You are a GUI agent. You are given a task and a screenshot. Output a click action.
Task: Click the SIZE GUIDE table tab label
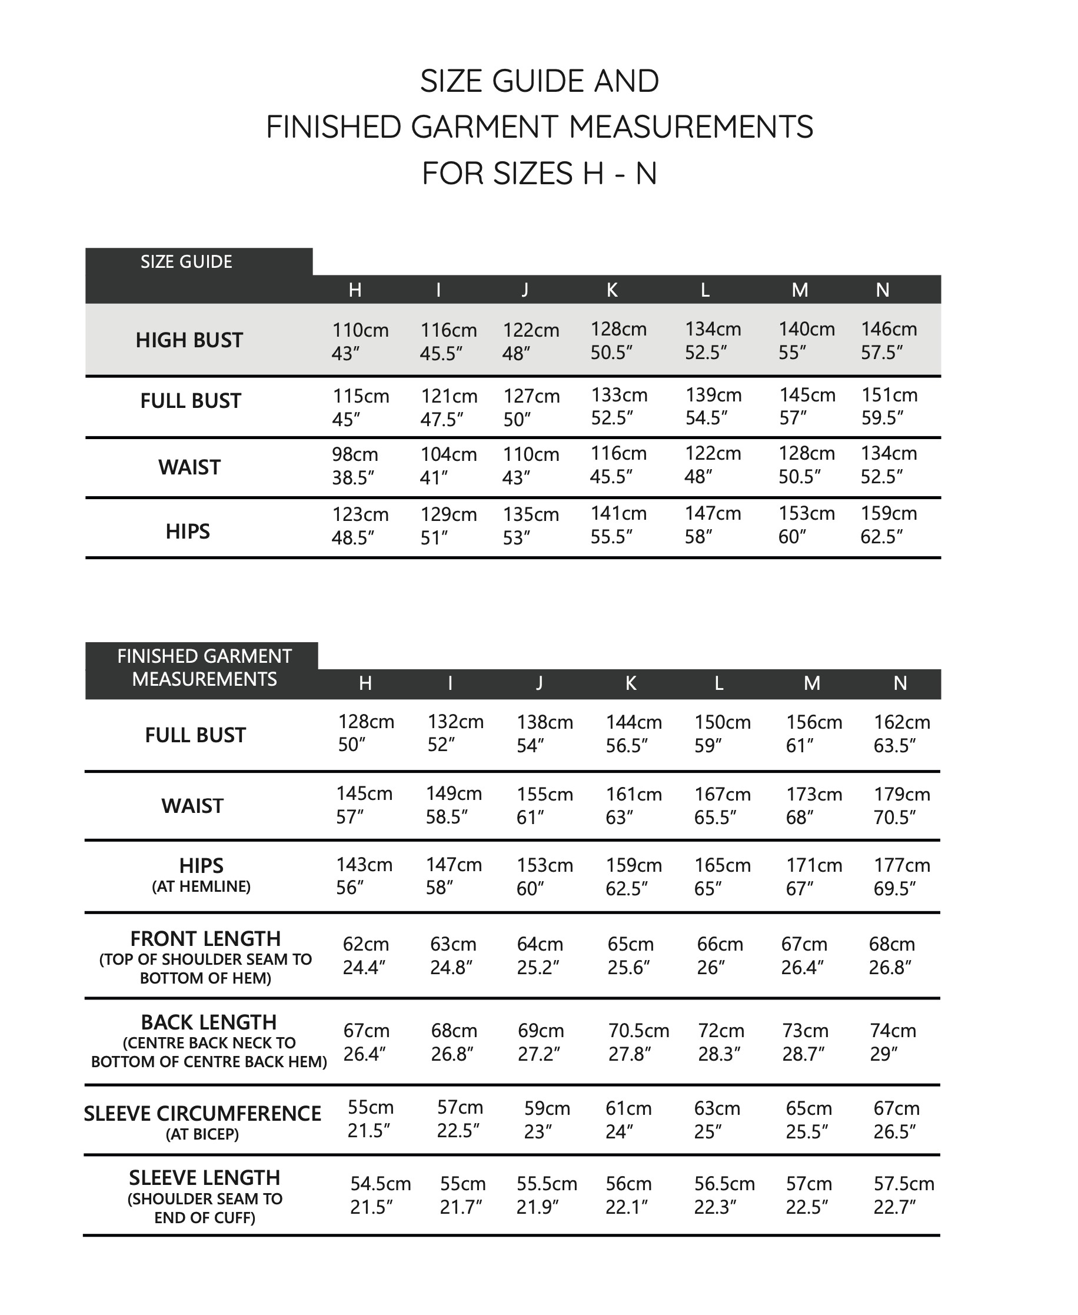(x=187, y=261)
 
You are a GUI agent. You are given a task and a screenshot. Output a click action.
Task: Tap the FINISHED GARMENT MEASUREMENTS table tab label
(x=204, y=667)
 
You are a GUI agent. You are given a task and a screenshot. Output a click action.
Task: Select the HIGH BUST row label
(x=189, y=340)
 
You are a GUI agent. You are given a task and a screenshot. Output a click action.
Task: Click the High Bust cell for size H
(x=360, y=340)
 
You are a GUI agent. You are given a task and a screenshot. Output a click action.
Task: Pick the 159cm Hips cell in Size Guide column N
(x=888, y=525)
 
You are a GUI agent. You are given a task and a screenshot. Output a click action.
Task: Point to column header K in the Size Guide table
(x=611, y=290)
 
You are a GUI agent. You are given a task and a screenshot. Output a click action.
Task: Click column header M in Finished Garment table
(x=811, y=683)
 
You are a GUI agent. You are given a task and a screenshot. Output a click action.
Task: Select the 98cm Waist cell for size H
(x=355, y=465)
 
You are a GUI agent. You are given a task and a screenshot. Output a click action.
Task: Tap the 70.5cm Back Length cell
(x=638, y=1042)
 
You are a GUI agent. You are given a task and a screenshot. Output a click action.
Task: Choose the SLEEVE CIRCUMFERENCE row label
(x=202, y=1114)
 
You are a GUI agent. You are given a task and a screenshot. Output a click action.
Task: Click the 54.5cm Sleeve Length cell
(x=380, y=1194)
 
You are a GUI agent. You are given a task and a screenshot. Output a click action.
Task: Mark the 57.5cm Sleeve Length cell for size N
(x=903, y=1194)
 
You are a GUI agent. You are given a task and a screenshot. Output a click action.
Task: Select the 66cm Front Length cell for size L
(x=720, y=955)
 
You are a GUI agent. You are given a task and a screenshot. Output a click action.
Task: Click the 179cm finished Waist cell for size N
(x=901, y=805)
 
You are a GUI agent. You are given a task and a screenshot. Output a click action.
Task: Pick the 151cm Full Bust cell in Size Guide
(x=889, y=406)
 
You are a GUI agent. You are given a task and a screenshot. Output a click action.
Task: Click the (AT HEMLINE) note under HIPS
(x=201, y=886)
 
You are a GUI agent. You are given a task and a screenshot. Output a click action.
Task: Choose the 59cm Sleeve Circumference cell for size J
(x=547, y=1120)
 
